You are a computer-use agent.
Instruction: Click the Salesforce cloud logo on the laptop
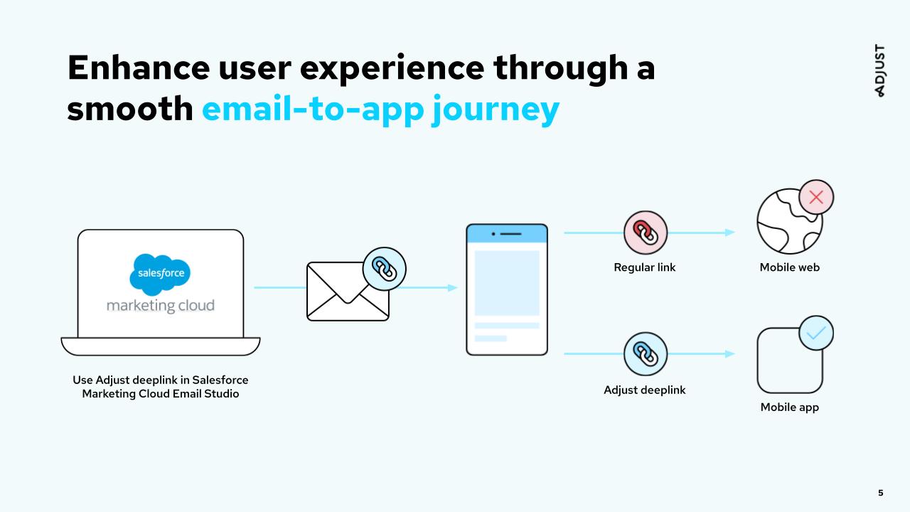click(x=161, y=274)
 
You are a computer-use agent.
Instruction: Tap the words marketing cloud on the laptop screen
click(x=161, y=306)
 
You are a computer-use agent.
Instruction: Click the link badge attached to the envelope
click(x=384, y=270)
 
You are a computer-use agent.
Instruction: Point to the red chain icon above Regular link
click(x=646, y=233)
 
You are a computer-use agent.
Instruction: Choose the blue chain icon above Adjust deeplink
click(x=646, y=353)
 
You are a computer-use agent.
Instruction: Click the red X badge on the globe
click(x=815, y=198)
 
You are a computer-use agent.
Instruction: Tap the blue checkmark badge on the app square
click(x=815, y=333)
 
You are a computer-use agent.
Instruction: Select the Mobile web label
click(x=789, y=267)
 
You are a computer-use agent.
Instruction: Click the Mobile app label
click(x=789, y=407)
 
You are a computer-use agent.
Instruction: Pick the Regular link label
click(x=645, y=267)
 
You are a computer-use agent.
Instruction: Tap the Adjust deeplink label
click(x=645, y=390)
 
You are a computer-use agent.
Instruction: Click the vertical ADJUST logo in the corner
click(x=880, y=71)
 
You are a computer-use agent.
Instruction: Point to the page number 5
click(x=881, y=493)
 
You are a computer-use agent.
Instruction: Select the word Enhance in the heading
click(x=139, y=68)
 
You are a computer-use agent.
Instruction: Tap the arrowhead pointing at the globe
click(x=730, y=233)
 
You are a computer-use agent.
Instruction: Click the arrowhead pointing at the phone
click(x=452, y=288)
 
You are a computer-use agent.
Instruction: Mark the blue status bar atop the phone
click(x=507, y=233)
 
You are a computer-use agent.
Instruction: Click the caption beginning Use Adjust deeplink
click(x=161, y=387)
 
